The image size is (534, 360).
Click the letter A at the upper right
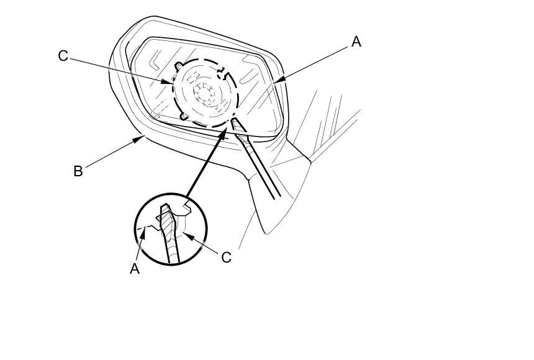(x=356, y=42)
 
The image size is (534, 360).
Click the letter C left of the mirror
(x=63, y=56)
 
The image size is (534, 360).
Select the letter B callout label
(x=78, y=171)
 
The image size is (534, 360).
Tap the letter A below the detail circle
(x=135, y=269)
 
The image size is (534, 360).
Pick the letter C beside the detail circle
(x=226, y=257)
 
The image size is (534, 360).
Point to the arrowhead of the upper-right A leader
(x=275, y=81)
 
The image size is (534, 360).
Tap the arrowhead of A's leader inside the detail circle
(x=145, y=230)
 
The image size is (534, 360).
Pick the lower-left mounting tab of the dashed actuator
(x=183, y=115)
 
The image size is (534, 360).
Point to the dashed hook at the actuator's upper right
(x=224, y=75)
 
